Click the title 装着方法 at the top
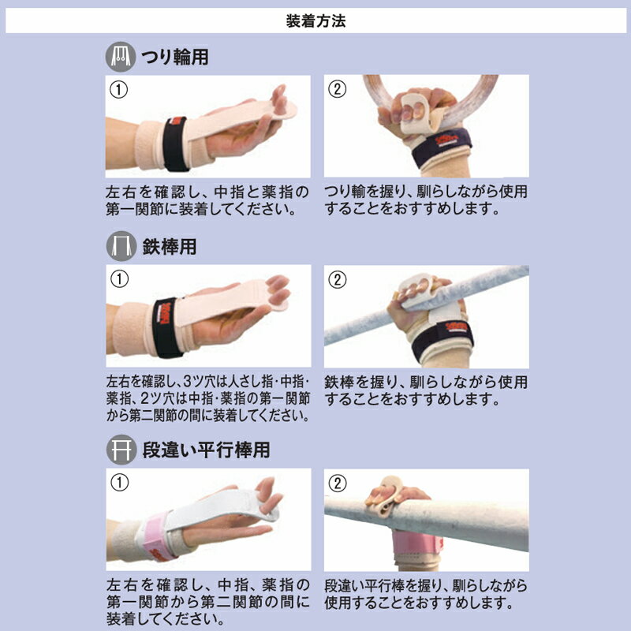pyautogui.click(x=315, y=21)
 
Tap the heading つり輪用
pyautogui.click(x=174, y=57)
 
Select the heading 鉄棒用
pyautogui.click(x=170, y=246)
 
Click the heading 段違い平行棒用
pyautogui.click(x=206, y=450)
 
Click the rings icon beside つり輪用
pyautogui.click(x=121, y=57)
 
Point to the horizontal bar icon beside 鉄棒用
pyautogui.click(x=121, y=246)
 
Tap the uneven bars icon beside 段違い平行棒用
pyautogui.click(x=121, y=450)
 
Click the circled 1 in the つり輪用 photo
pyautogui.click(x=119, y=90)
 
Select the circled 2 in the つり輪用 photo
pyautogui.click(x=338, y=89)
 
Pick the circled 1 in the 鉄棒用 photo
pyautogui.click(x=119, y=279)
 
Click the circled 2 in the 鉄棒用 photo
pyautogui.click(x=338, y=280)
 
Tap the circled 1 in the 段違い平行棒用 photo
pyautogui.click(x=119, y=483)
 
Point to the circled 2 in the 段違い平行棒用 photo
pyautogui.click(x=338, y=483)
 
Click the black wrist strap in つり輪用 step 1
pyautogui.click(x=176, y=144)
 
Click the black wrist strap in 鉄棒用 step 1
pyautogui.click(x=166, y=327)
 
